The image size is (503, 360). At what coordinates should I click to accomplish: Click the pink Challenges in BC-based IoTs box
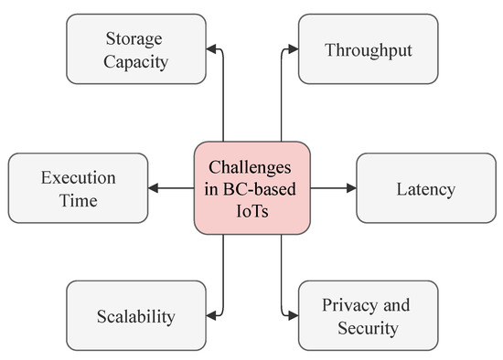251,188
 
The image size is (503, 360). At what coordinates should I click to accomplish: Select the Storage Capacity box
135,48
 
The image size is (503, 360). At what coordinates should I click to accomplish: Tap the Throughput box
368,48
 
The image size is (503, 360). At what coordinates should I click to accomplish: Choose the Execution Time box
77,188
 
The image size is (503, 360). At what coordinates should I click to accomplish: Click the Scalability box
135,316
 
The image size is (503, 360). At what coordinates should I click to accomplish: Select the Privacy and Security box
368,316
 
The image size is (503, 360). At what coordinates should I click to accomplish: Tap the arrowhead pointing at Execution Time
154,188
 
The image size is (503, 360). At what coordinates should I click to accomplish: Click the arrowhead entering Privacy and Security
292,316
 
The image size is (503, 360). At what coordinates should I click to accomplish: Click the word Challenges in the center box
251,167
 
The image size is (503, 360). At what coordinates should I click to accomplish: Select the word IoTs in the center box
251,210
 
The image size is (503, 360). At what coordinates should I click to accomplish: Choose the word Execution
77,177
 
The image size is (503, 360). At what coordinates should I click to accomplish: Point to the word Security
368,327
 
